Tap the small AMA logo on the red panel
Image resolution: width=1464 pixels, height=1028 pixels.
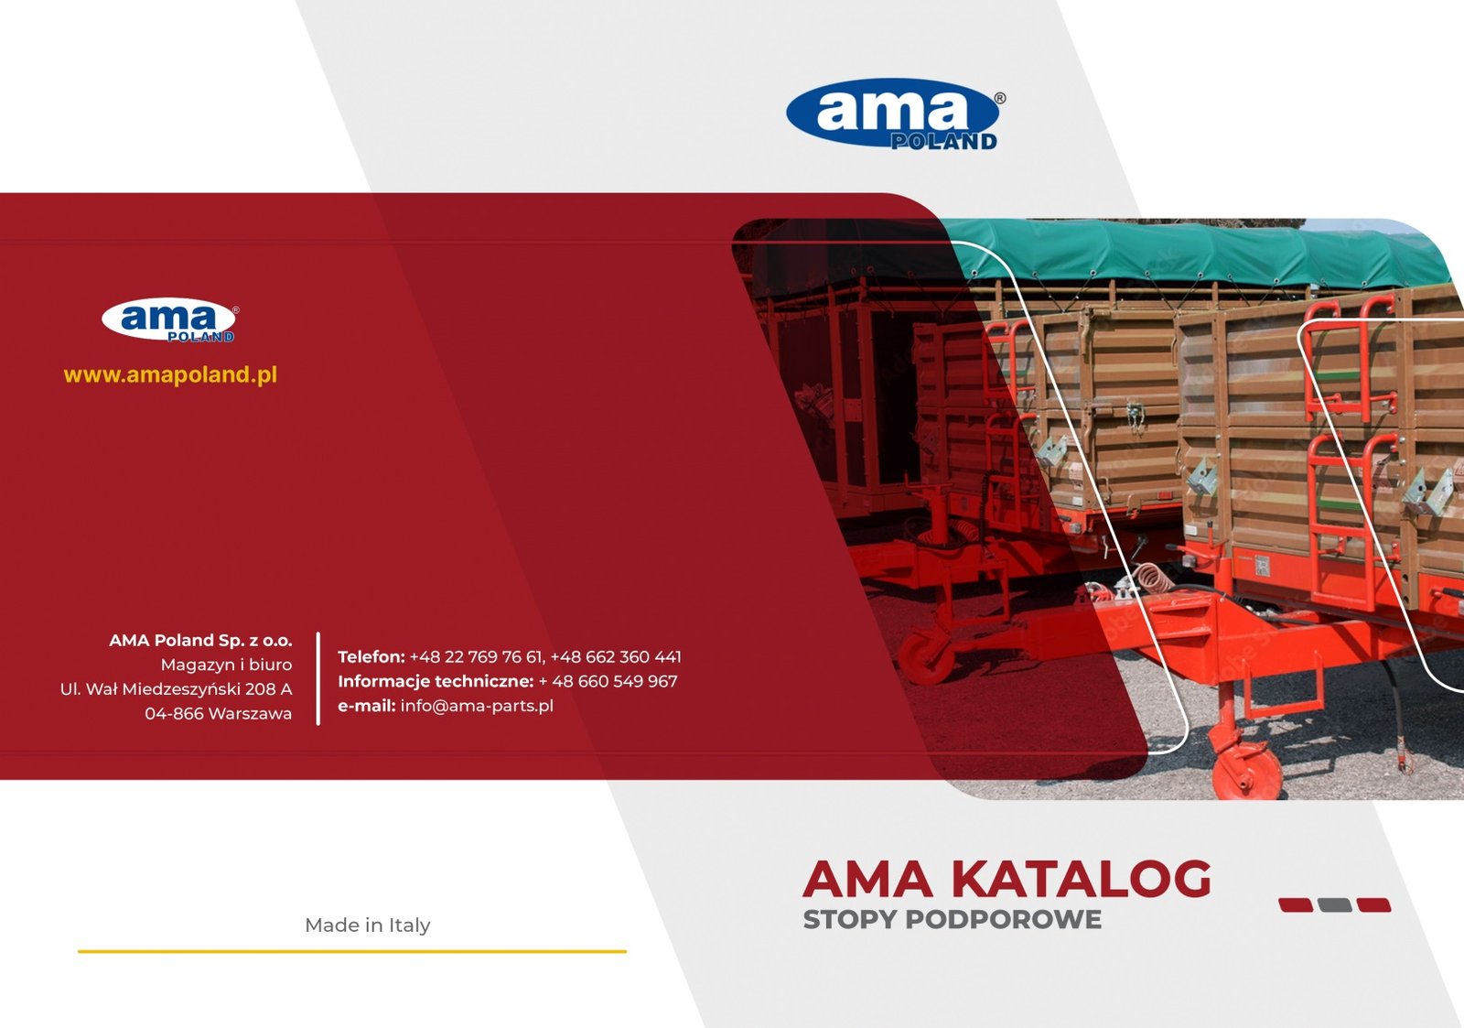[x=170, y=320]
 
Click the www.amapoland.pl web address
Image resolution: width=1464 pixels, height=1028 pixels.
[x=170, y=374]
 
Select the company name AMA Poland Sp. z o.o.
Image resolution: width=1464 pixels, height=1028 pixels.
[x=200, y=640]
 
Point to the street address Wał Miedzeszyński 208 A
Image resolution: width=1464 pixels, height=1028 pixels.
[x=188, y=688]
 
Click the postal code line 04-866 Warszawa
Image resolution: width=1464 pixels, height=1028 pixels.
[x=219, y=713]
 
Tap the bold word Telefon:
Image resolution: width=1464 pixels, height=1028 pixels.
[x=371, y=656]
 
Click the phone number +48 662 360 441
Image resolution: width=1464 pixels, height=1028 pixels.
[x=616, y=656]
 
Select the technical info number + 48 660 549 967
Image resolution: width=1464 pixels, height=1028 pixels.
[x=608, y=681]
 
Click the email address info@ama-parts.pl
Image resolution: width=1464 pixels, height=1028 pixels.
[x=477, y=706]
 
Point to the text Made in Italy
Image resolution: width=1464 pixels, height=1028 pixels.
[x=368, y=925]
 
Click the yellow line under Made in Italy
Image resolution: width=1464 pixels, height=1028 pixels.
[x=352, y=951]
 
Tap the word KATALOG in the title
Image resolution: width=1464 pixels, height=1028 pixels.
[x=1081, y=879]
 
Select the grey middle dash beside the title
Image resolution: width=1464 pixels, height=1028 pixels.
[x=1335, y=905]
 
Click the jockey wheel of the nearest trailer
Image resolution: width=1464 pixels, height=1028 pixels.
[x=1245, y=772]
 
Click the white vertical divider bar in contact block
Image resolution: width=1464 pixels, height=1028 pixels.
[x=318, y=678]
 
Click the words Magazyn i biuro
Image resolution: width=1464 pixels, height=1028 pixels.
[x=226, y=665]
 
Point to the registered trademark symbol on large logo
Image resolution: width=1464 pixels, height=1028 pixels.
[x=1000, y=98]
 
